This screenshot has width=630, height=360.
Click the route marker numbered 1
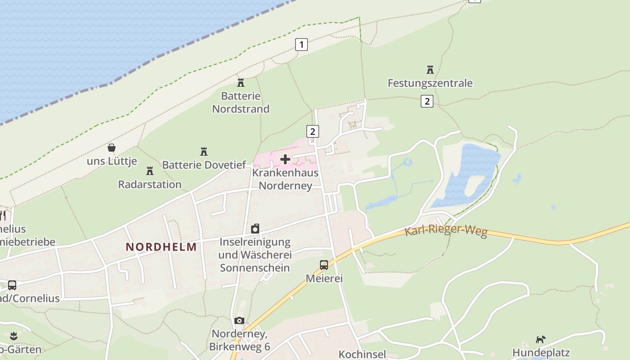click(301, 45)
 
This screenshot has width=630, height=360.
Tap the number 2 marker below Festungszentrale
click(427, 101)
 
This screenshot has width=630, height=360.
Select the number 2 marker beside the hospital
click(312, 131)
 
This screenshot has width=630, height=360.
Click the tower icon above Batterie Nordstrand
click(241, 82)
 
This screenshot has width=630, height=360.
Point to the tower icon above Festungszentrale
click(430, 70)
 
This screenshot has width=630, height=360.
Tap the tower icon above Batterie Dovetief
click(204, 151)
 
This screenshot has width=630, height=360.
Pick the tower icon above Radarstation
click(150, 171)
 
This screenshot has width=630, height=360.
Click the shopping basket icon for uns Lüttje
click(112, 148)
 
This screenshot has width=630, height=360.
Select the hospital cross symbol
click(285, 159)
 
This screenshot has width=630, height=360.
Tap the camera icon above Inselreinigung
click(255, 229)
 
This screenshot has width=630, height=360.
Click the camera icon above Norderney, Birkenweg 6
click(239, 320)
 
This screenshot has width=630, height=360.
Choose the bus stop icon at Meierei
click(324, 265)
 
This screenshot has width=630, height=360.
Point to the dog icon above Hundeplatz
click(540, 339)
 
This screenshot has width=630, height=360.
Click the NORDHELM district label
click(161, 247)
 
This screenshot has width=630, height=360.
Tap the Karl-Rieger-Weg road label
click(446, 231)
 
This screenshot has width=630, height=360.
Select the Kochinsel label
click(362, 354)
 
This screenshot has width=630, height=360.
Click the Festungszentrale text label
click(430, 83)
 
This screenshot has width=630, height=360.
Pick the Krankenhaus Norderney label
click(285, 179)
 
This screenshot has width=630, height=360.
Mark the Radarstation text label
click(150, 184)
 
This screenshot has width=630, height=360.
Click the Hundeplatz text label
click(541, 352)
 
